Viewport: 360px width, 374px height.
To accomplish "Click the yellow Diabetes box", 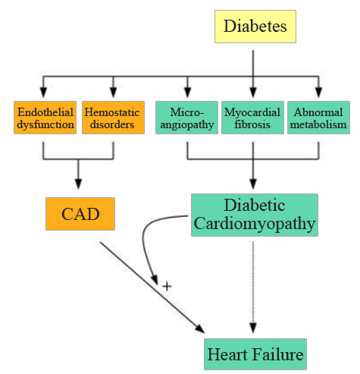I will tap(253, 27).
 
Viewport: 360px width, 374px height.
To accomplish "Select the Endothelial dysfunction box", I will tap(45, 118).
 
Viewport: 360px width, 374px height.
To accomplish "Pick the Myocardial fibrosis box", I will tap(253, 118).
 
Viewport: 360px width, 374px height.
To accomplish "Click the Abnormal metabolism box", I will tap(318, 118).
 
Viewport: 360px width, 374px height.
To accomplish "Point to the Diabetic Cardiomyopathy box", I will tap(253, 215).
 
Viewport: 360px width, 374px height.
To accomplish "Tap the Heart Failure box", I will tap(255, 354).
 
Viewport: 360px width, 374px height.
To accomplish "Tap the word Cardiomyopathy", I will tap(253, 225).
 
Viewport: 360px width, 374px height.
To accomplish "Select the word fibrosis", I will tap(253, 124).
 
